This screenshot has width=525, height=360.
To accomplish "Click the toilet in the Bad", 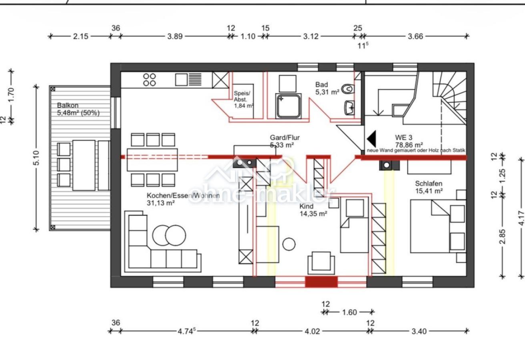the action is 348,89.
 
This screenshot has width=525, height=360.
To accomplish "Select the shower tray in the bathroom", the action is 288,106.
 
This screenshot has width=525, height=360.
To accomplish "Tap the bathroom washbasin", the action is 349,108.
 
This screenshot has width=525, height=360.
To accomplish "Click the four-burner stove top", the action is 150,80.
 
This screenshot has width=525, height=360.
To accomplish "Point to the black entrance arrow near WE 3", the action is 372,139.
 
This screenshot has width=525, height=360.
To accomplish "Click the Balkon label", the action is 68,106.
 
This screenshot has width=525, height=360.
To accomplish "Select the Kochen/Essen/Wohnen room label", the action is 183,195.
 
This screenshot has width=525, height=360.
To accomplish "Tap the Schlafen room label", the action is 429,183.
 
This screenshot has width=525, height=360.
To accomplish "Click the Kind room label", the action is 307,206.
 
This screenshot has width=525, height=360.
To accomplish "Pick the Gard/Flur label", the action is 285,138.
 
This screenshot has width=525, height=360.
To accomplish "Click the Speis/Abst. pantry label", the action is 242,96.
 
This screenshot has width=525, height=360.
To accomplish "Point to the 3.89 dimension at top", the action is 175,36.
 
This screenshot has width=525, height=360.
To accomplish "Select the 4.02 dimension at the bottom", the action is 312,332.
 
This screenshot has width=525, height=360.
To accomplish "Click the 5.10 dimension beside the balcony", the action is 36,158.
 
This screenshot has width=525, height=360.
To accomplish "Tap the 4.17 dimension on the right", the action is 521,218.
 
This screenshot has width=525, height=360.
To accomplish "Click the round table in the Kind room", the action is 289,244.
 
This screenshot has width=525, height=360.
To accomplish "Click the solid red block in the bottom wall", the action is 321,282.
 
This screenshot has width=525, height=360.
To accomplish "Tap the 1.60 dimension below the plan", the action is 349,312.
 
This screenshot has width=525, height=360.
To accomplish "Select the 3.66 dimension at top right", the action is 415,36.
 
